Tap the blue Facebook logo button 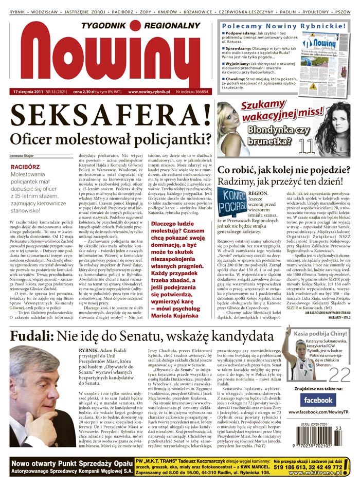(x=318, y=400)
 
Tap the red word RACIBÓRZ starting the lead (x=25, y=167)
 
